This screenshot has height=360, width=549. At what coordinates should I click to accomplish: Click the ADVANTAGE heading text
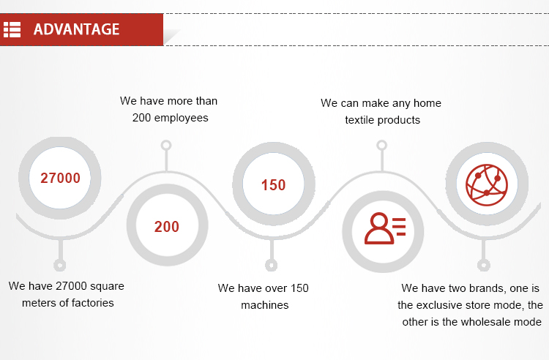(76, 29)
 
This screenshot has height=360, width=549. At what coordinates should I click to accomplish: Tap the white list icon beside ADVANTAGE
(12, 29)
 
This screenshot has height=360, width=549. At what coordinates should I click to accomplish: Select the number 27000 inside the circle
(60, 178)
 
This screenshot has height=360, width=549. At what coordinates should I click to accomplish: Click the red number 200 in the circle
(167, 227)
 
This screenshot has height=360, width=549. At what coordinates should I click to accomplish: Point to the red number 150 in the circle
(274, 185)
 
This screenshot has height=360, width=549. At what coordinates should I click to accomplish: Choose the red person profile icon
(385, 228)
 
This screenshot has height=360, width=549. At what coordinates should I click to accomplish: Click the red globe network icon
(487, 184)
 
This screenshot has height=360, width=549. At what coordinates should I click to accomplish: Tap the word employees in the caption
(181, 118)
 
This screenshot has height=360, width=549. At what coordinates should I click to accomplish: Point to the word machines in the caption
(265, 305)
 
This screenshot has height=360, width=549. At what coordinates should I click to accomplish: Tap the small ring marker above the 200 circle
(166, 145)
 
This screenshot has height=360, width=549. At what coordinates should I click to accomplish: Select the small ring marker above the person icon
(381, 145)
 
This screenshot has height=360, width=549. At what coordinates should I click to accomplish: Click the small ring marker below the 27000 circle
(60, 265)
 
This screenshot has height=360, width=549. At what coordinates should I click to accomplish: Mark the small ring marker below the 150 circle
(271, 265)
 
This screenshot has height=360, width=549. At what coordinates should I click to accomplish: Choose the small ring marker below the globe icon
(484, 265)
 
